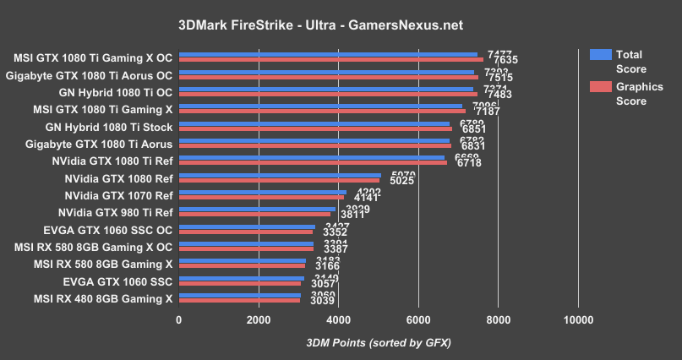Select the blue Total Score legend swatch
coord(601,54)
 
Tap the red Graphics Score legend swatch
coord(601,86)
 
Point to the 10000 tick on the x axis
coord(578,320)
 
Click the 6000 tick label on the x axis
coord(418,320)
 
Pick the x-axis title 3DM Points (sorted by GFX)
coord(379,342)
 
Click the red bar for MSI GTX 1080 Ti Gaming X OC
coord(330,60)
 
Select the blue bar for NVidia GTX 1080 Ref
coord(279,175)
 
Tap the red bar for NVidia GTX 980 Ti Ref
coord(254,215)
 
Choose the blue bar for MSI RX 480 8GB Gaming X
coord(239,295)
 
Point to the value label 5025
coord(402,181)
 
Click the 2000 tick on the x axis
coord(259,320)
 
